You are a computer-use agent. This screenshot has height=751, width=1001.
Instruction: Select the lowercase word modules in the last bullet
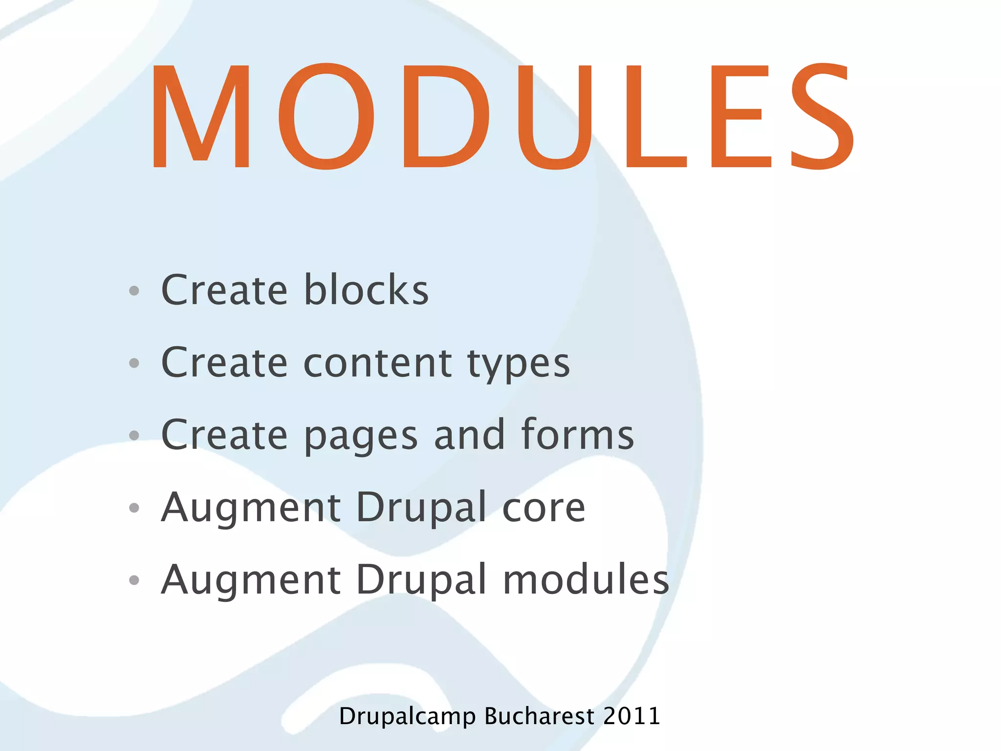586,579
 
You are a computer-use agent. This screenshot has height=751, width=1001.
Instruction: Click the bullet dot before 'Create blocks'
134,291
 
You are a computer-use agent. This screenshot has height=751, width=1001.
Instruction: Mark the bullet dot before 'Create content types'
134,363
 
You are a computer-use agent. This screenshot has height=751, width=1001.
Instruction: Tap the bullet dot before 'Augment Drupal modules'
134,580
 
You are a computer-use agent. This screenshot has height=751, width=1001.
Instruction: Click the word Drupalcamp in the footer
407,717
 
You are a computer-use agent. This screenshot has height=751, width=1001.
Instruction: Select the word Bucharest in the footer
539,716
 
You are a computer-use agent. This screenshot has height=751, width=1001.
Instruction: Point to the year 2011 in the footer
631,716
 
